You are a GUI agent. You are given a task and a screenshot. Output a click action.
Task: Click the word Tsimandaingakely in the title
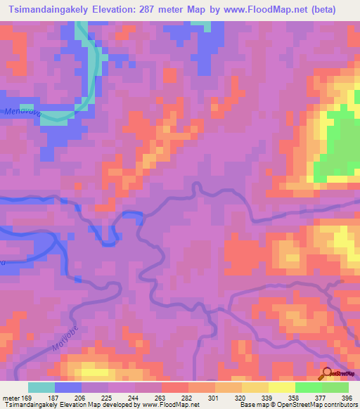point(44,10)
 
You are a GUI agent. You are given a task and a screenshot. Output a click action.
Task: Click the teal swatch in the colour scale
point(41,387)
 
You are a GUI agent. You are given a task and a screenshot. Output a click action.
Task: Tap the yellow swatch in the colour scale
point(281,387)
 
